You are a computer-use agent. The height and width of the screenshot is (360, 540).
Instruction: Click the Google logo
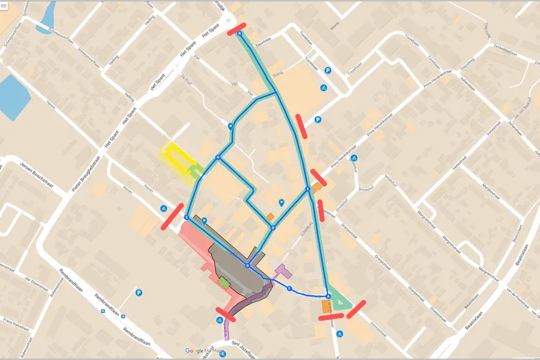pos(194,351)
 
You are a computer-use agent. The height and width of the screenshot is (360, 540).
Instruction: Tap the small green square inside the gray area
pos(224,282)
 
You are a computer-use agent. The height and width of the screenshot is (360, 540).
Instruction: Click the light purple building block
pos(282,269)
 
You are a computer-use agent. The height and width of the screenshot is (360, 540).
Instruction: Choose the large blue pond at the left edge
pos(14,97)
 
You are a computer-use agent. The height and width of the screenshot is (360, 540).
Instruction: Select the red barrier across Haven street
pos(172,217)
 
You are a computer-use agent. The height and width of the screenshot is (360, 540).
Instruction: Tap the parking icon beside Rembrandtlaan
pos(139,293)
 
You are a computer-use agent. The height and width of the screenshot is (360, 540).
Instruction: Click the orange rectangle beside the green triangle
pos(325,305)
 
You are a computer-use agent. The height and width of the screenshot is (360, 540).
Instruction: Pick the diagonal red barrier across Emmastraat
pos(357,308)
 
